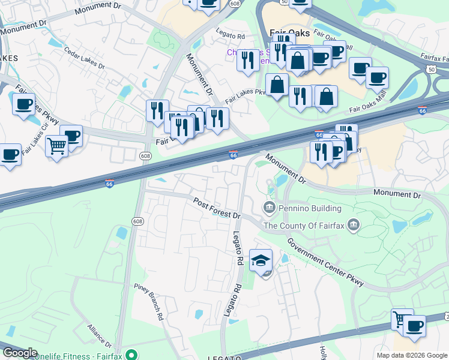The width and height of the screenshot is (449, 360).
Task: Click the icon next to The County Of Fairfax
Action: click(354, 226)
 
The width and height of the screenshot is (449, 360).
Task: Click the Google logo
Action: click(20, 353)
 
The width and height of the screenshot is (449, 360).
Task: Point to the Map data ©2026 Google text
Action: click(412, 355)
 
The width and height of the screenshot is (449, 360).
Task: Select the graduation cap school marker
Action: click(261, 260)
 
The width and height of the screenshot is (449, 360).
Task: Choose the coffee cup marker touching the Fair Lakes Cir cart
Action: click(71, 136)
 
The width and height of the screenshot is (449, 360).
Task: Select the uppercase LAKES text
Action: click(10, 58)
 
